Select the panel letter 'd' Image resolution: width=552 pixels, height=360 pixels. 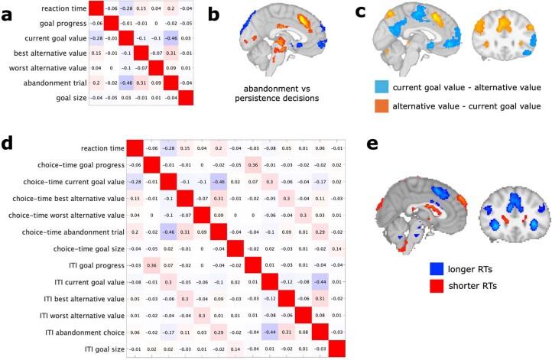8,144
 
